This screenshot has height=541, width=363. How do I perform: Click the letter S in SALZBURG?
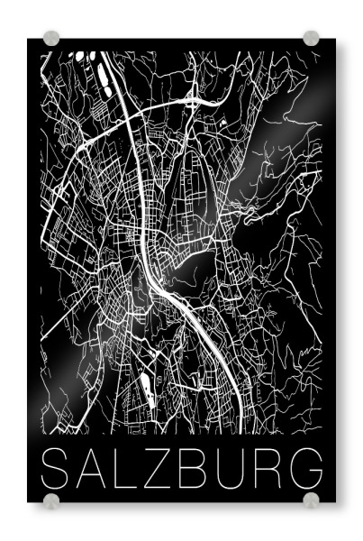pos(56,466)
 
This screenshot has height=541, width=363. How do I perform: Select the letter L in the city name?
pos(128,466)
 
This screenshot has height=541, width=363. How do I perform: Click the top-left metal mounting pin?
pos(51,39)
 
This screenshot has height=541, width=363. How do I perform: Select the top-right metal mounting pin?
pos(311,39)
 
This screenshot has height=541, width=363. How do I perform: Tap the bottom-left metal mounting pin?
pos(51,500)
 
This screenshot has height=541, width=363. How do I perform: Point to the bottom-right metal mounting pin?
pos(311,500)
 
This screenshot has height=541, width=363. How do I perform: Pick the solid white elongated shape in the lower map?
pos(144,388)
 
